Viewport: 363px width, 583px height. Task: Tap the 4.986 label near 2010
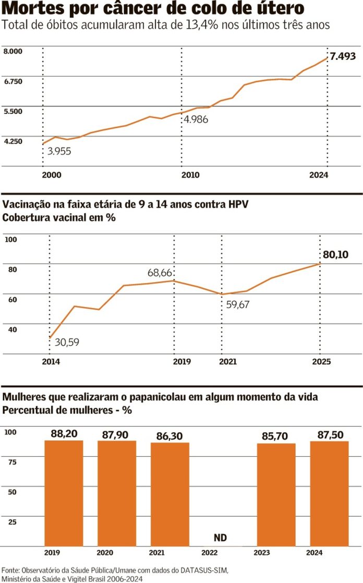point(195,119)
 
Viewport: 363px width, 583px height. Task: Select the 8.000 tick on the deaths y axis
point(13,51)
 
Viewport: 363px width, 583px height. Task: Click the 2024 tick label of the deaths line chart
point(318,175)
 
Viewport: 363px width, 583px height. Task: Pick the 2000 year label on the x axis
point(51,175)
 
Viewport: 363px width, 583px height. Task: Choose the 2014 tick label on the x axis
point(51,361)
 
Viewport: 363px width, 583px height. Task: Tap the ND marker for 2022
point(221,538)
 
